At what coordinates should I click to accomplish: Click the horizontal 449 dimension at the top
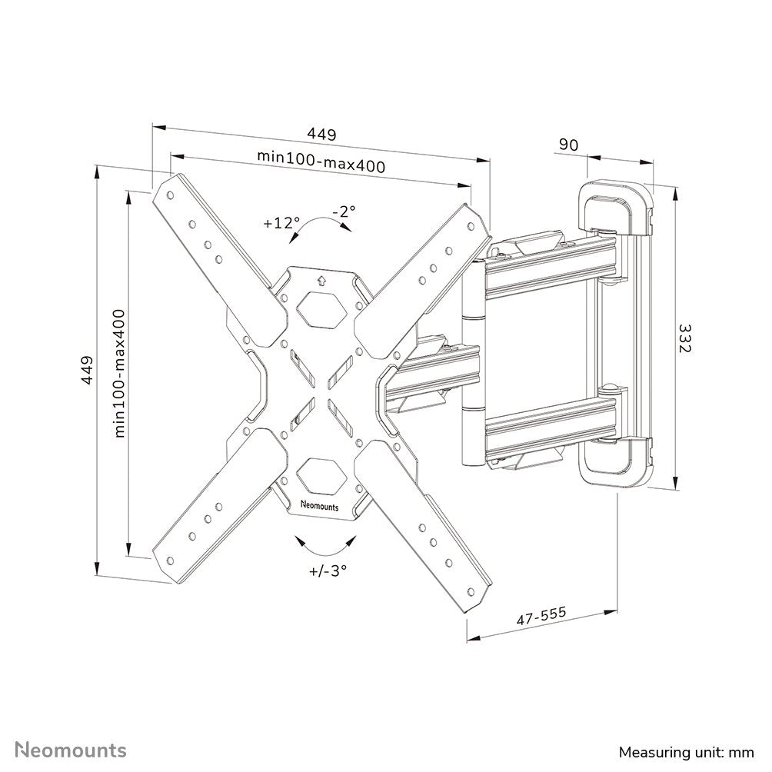coord(321,135)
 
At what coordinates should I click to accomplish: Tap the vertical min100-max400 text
coord(119,373)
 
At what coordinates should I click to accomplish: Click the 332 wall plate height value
coord(684,338)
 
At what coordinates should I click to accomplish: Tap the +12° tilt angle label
coord(280,224)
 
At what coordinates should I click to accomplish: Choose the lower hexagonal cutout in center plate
coord(322,475)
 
